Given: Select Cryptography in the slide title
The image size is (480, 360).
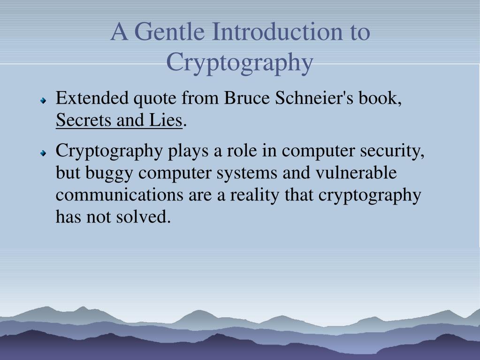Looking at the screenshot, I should point(239,62).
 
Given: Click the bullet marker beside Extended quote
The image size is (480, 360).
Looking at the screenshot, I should point(43,100).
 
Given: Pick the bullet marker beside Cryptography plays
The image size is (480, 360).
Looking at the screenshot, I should point(43,153).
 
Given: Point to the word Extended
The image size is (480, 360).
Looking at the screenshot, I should point(92,99).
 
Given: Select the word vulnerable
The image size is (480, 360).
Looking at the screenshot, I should point(356,173).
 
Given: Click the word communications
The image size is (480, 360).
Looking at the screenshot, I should point(120,195).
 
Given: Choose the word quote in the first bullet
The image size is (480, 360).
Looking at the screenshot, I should point(155,100).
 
